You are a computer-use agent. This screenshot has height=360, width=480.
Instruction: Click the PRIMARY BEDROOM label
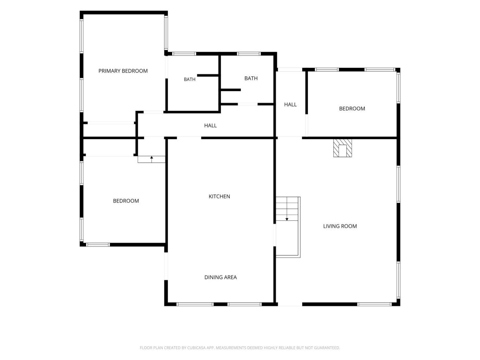coord(123,71)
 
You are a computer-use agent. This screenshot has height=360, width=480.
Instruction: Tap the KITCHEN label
coord(219,196)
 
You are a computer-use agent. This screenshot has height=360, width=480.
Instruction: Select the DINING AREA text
coord(220,277)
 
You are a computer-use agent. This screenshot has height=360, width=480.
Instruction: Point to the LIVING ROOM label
coord(340,226)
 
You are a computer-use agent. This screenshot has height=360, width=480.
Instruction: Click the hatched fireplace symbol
coord(343,148)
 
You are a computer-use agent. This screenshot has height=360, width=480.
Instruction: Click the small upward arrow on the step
coord(152,159)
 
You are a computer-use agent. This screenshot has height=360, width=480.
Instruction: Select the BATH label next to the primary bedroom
coord(190,79)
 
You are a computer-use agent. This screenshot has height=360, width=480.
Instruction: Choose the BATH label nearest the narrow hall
coord(251,78)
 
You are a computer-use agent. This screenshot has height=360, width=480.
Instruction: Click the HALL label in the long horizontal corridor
coord(211,125)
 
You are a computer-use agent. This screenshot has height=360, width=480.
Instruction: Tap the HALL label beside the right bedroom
coord(290,105)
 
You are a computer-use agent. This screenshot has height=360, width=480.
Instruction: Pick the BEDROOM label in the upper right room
coord(352,109)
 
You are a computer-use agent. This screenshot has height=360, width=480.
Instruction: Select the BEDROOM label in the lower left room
coord(126,201)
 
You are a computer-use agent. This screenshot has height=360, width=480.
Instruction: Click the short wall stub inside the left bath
coord(208,75)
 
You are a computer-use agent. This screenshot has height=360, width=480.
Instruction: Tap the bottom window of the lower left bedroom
coord(98,244)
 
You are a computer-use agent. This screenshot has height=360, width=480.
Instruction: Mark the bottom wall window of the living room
coord(374,304)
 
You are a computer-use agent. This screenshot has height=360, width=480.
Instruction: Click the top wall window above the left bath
coord(184,54)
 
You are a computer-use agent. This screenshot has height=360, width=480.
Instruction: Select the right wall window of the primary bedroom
coord(166,33)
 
